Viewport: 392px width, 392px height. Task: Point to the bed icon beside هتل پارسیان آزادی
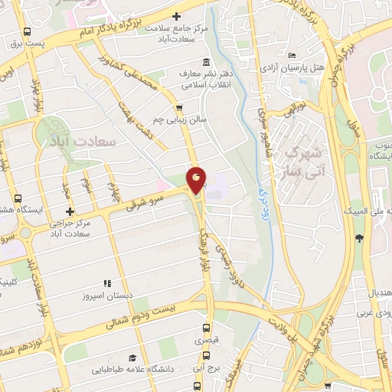pos(292,55)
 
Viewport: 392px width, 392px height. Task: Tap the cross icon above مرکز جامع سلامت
pos(176,16)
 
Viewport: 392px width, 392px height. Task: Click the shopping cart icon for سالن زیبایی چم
pos(178,108)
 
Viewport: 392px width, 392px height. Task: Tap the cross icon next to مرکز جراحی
pos(70,211)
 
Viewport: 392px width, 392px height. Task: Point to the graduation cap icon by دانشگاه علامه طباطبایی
pos(132,358)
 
